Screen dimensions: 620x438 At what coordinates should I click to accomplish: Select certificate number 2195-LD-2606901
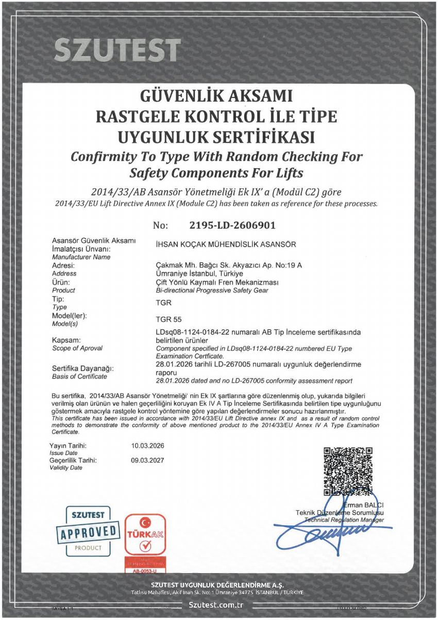[x=232, y=225]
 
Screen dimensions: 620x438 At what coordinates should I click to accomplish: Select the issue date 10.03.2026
[x=148, y=445]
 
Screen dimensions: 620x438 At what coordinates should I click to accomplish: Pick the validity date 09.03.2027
[x=148, y=460]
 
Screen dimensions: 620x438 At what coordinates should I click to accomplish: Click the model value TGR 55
[x=169, y=319]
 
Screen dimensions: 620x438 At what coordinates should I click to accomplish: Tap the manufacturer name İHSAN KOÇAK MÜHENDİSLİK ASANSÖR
[x=226, y=244]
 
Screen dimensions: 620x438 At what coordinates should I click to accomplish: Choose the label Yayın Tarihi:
[x=68, y=445]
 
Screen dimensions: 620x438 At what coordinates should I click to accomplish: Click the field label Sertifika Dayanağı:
[x=83, y=369]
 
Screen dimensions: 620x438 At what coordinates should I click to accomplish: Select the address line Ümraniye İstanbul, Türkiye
[x=199, y=273]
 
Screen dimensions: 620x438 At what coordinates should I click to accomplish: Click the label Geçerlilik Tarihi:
[x=73, y=460]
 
